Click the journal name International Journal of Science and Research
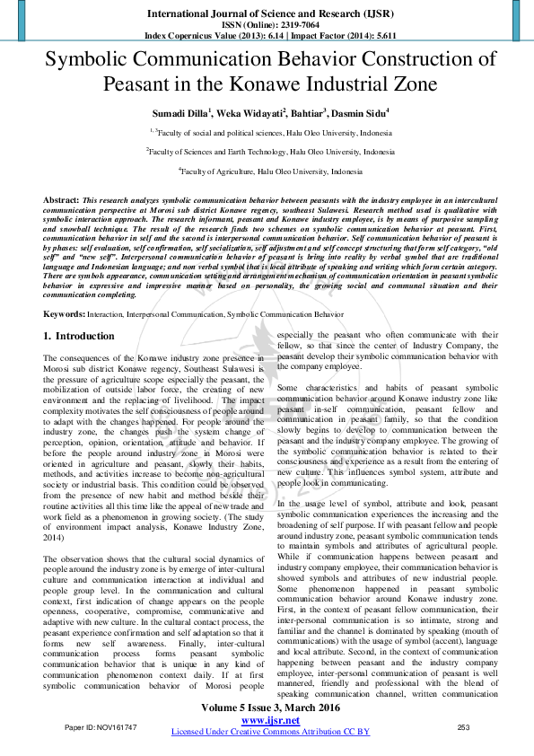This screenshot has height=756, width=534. (267, 15)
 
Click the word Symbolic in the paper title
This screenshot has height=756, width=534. (102, 61)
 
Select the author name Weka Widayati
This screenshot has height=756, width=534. (253, 113)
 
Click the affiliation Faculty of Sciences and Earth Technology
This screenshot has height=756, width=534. (269, 153)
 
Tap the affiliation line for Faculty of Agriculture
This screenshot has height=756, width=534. (270, 171)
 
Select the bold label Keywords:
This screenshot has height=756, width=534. (65, 315)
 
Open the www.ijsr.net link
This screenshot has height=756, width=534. (269, 720)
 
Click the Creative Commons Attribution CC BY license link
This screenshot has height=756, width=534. (269, 732)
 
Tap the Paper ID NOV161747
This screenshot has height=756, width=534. (101, 726)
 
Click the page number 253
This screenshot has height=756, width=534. (464, 726)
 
